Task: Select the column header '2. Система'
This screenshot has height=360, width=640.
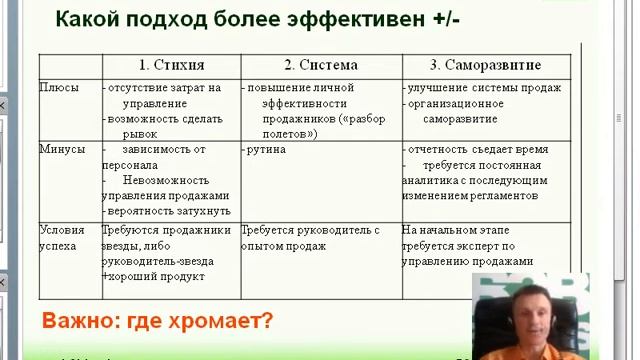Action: click(x=320, y=65)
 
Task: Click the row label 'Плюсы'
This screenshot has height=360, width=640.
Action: click(x=58, y=88)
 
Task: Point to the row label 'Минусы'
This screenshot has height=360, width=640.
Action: click(x=62, y=149)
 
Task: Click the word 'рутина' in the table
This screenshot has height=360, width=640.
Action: click(x=266, y=149)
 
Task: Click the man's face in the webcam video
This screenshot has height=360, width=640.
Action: click(x=531, y=316)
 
